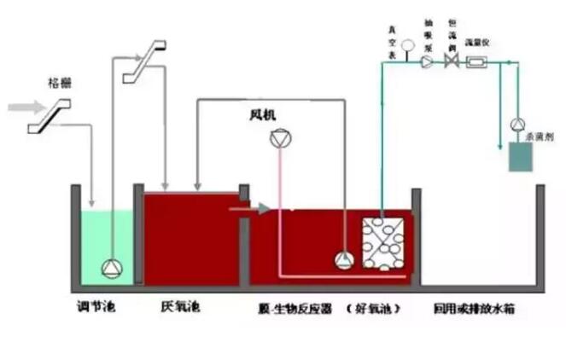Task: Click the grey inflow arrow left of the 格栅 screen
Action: click(21, 107)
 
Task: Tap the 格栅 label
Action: click(59, 84)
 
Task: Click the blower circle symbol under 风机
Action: click(278, 140)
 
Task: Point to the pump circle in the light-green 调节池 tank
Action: click(112, 268)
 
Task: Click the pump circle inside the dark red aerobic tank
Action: click(343, 260)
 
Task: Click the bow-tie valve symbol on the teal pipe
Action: click(452, 61)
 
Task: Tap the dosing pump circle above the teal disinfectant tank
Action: click(518, 125)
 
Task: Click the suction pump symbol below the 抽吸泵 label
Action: click(428, 61)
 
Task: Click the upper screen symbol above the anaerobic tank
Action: click(143, 62)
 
